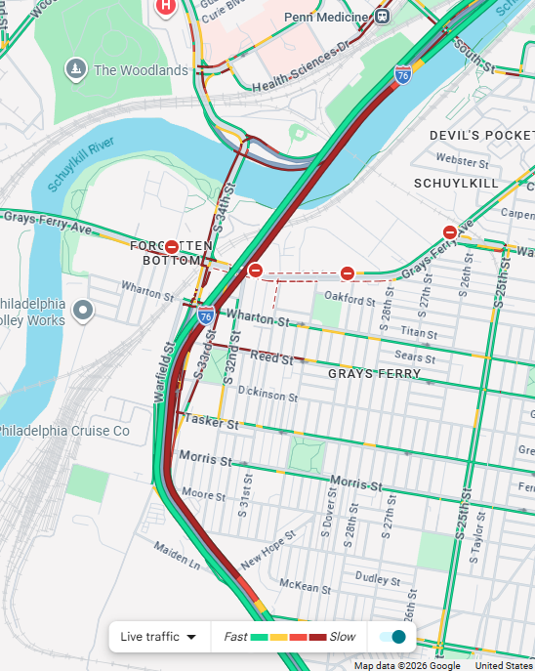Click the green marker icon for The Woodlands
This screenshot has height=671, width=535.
point(75,68)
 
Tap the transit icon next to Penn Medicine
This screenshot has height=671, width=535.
point(382,16)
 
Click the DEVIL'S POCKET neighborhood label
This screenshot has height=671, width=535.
point(482,135)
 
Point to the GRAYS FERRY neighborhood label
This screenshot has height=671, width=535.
point(375,373)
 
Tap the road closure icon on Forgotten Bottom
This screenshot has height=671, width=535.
point(172,247)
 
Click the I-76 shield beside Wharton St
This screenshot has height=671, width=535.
point(206,315)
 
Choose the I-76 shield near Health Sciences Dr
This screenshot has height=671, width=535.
point(403,74)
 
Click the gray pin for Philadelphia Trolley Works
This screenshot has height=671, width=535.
point(84,311)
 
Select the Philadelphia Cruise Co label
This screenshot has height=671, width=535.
point(64,430)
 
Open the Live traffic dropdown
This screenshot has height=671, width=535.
point(158,637)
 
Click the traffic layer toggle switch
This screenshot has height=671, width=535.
point(392,637)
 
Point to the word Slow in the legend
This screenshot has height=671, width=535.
point(343,637)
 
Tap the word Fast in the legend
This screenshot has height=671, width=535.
point(235,637)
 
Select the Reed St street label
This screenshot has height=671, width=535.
point(270,358)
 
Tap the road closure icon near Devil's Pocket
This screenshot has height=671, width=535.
point(450,232)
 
